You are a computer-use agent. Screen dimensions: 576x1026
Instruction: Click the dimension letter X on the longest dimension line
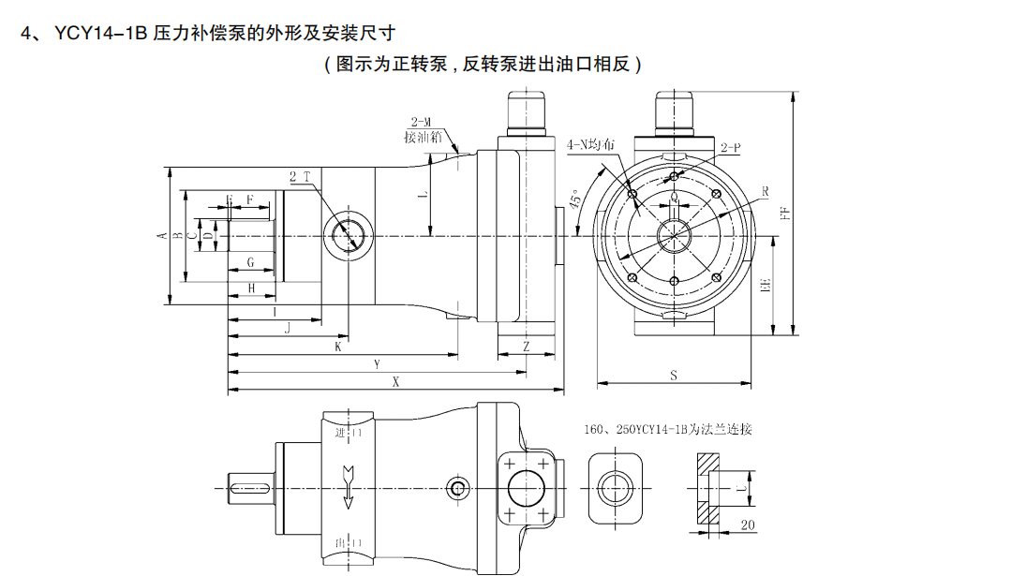[x=395, y=382]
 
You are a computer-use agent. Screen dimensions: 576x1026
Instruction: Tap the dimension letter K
[x=338, y=347]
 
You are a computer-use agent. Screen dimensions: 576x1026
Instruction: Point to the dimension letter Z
[x=526, y=347]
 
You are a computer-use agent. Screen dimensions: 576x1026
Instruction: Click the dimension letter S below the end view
[x=674, y=376]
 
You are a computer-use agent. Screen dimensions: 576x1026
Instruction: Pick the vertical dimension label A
[x=162, y=235]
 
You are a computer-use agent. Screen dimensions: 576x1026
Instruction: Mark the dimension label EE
[x=766, y=286]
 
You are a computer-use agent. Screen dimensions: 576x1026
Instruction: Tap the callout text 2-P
[x=731, y=148]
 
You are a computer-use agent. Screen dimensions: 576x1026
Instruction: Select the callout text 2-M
[x=421, y=123]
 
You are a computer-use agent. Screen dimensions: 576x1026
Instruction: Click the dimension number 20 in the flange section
[x=748, y=525]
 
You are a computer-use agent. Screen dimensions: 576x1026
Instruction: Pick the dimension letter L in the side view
[x=423, y=195]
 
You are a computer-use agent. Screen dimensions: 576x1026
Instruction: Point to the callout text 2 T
[x=300, y=176]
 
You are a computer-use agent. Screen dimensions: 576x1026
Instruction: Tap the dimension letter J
[x=288, y=328]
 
